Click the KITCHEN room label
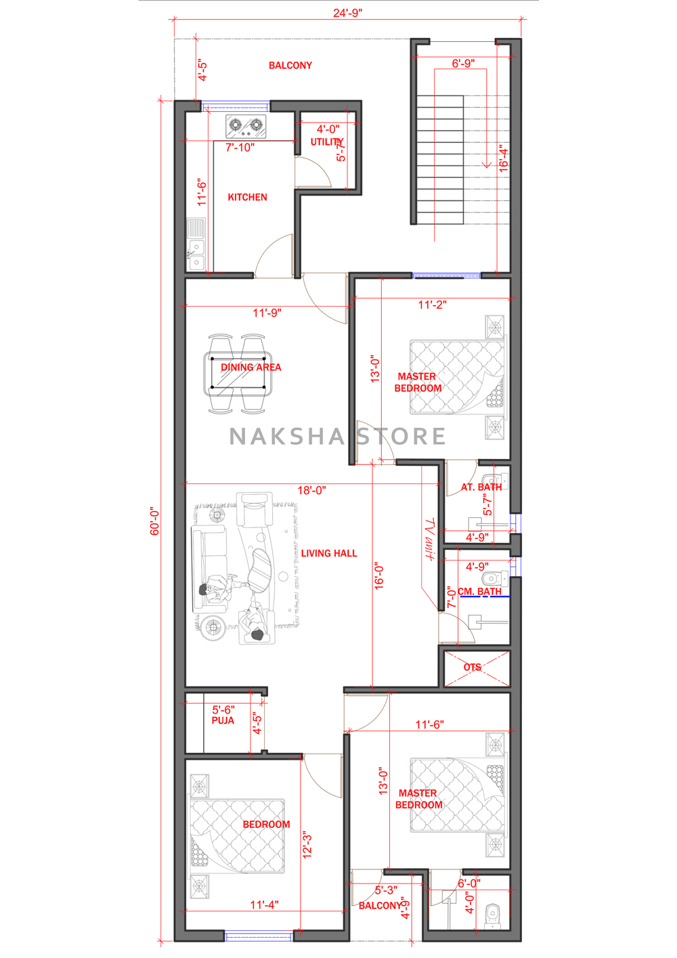(x=247, y=197)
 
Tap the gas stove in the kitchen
(x=246, y=126)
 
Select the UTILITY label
(x=327, y=142)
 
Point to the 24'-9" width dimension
(x=348, y=13)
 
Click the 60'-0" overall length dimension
(x=154, y=522)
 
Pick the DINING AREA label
(x=251, y=368)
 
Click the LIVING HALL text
(x=329, y=553)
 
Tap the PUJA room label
(x=223, y=720)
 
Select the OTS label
(x=472, y=667)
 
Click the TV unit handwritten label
(x=429, y=540)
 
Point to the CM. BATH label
(x=479, y=592)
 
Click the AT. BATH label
(x=481, y=487)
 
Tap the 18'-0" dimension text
(x=312, y=491)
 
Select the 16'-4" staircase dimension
(x=504, y=158)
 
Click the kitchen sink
(x=196, y=244)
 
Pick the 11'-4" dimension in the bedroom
(x=264, y=905)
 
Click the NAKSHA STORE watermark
(x=337, y=436)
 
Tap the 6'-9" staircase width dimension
(x=463, y=63)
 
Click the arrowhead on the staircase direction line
(x=487, y=165)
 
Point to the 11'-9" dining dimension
(x=267, y=313)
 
